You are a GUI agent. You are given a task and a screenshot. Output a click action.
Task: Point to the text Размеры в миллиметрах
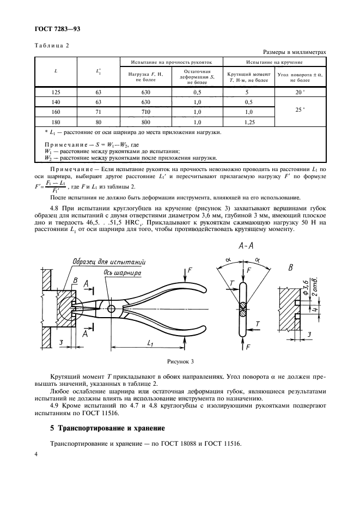[295, 52]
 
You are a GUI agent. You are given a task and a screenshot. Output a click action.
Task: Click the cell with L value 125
[56, 93]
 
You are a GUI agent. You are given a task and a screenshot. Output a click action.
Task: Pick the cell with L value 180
[56, 123]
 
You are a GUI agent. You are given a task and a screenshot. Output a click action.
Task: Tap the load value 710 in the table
[145, 112]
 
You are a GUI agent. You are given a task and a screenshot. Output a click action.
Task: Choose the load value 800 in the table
[145, 123]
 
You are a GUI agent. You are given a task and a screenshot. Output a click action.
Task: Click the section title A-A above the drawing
[245, 246]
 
